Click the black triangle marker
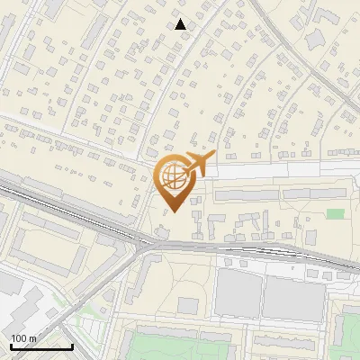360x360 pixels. click(181, 24)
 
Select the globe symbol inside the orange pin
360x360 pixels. click(175, 176)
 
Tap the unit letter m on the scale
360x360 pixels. click(32, 338)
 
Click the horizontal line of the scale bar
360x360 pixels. click(40, 346)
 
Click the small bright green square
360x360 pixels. click(336, 214)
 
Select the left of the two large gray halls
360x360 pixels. click(237, 292)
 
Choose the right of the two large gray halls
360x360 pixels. click(292, 296)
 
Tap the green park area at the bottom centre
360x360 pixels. click(171, 346)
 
